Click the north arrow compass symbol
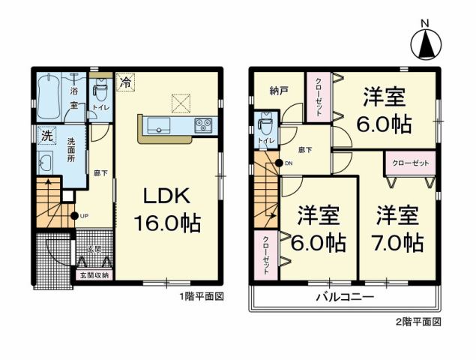pos(426,43)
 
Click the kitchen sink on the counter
pos(160,125)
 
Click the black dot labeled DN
pos(279,163)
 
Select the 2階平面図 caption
pos(418,322)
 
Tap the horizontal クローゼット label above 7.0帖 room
pos(409,162)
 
